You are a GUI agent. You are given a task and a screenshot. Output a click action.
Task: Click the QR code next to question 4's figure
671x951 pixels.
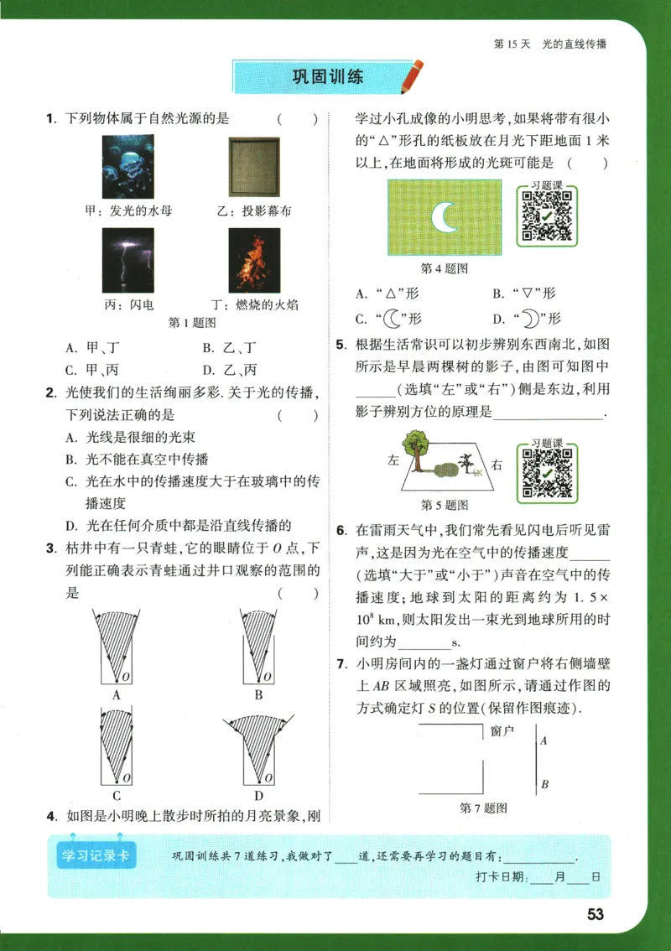click(546, 216)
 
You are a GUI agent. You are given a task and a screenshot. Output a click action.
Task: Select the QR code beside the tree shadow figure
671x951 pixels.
click(546, 468)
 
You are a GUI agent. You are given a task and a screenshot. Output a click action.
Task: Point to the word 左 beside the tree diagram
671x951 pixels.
click(393, 460)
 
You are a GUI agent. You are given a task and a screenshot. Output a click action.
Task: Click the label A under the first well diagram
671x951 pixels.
click(117, 695)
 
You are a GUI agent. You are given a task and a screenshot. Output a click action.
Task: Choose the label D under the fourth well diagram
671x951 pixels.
click(258, 796)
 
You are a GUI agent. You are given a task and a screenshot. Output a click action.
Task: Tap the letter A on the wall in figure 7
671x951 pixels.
click(544, 741)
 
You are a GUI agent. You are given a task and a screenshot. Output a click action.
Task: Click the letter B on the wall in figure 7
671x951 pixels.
click(544, 785)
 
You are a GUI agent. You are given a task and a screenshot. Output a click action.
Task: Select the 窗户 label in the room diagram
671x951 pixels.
click(502, 730)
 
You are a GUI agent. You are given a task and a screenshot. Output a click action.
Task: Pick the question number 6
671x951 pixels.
click(341, 531)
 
